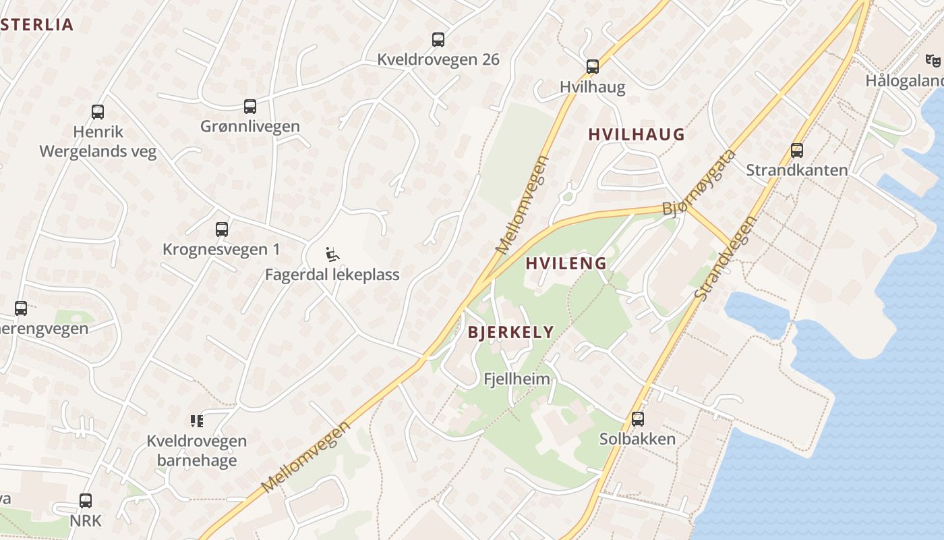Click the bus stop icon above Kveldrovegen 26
[438, 40]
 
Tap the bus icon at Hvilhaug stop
[593, 67]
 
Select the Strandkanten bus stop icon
[797, 151]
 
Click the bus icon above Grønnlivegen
[250, 107]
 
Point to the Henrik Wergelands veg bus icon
[98, 112]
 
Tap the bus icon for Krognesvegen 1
[222, 230]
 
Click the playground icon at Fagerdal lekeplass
[332, 254]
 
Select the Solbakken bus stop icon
[638, 419]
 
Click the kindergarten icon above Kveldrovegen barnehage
[197, 421]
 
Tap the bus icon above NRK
[86, 501]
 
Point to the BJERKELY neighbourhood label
[510, 332]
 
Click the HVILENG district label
[566, 263]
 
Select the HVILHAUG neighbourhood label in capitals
[636, 134]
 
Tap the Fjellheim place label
[517, 379]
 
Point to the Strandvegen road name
[726, 258]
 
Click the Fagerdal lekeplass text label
[332, 275]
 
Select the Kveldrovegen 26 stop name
[438, 59]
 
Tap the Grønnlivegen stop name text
[250, 126]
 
